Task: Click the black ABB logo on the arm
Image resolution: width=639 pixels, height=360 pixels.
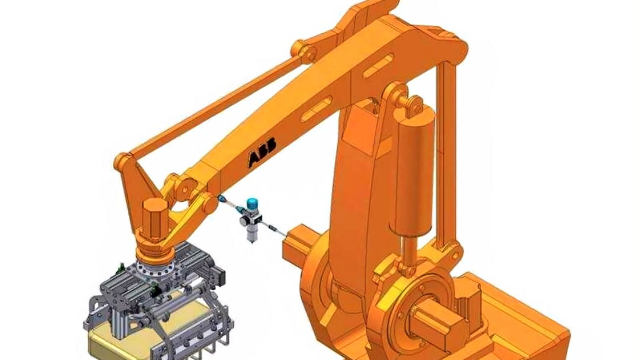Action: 263,151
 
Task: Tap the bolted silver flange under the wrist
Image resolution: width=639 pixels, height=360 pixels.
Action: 156,268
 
